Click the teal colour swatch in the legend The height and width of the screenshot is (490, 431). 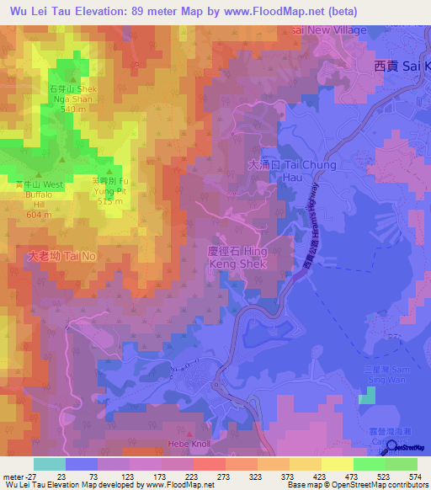[x=50, y=464]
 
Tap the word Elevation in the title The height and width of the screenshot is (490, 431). [x=93, y=12]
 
